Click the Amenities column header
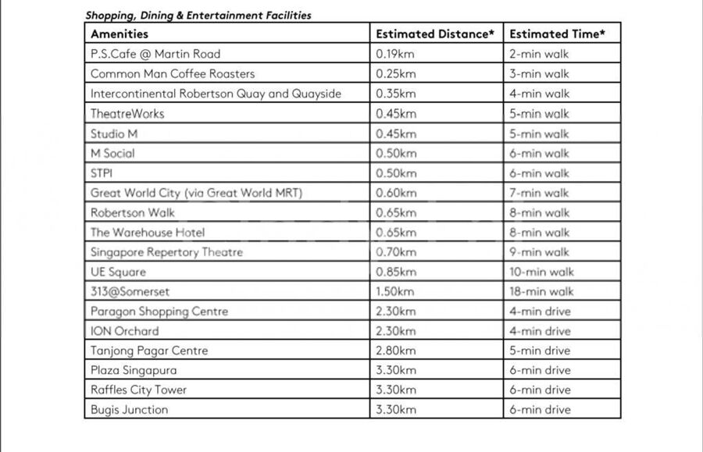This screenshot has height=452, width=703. (120, 34)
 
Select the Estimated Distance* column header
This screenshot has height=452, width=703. (435, 34)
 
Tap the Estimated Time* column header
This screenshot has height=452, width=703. (558, 34)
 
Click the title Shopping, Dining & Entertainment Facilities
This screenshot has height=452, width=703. (198, 15)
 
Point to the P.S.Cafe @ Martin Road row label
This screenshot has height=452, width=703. (155, 54)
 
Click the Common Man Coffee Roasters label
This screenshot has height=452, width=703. (173, 74)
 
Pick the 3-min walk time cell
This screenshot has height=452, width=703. (539, 74)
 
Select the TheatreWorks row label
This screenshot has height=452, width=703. (127, 113)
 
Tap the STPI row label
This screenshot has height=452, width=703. (102, 173)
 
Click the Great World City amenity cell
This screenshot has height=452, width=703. (196, 193)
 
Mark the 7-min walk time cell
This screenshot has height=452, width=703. (539, 193)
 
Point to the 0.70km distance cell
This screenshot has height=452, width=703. (396, 252)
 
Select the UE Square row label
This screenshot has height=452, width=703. (118, 272)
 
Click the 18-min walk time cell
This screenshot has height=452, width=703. (541, 291)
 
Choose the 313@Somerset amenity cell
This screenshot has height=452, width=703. (130, 291)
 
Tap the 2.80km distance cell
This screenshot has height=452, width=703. (396, 351)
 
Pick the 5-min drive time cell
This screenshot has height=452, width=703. (540, 351)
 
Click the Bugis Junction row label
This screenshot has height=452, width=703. (129, 409)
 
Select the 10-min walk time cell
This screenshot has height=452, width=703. (541, 272)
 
